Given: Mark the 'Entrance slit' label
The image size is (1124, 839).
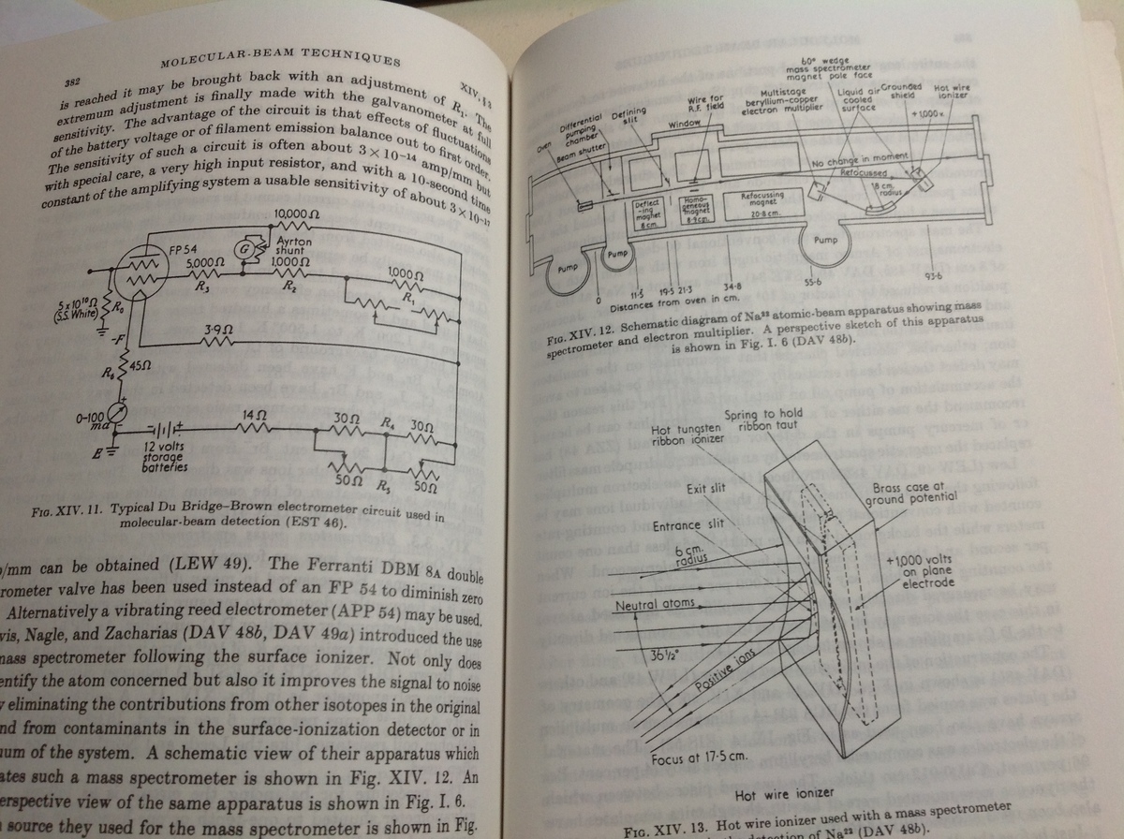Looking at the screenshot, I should point(689,525).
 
